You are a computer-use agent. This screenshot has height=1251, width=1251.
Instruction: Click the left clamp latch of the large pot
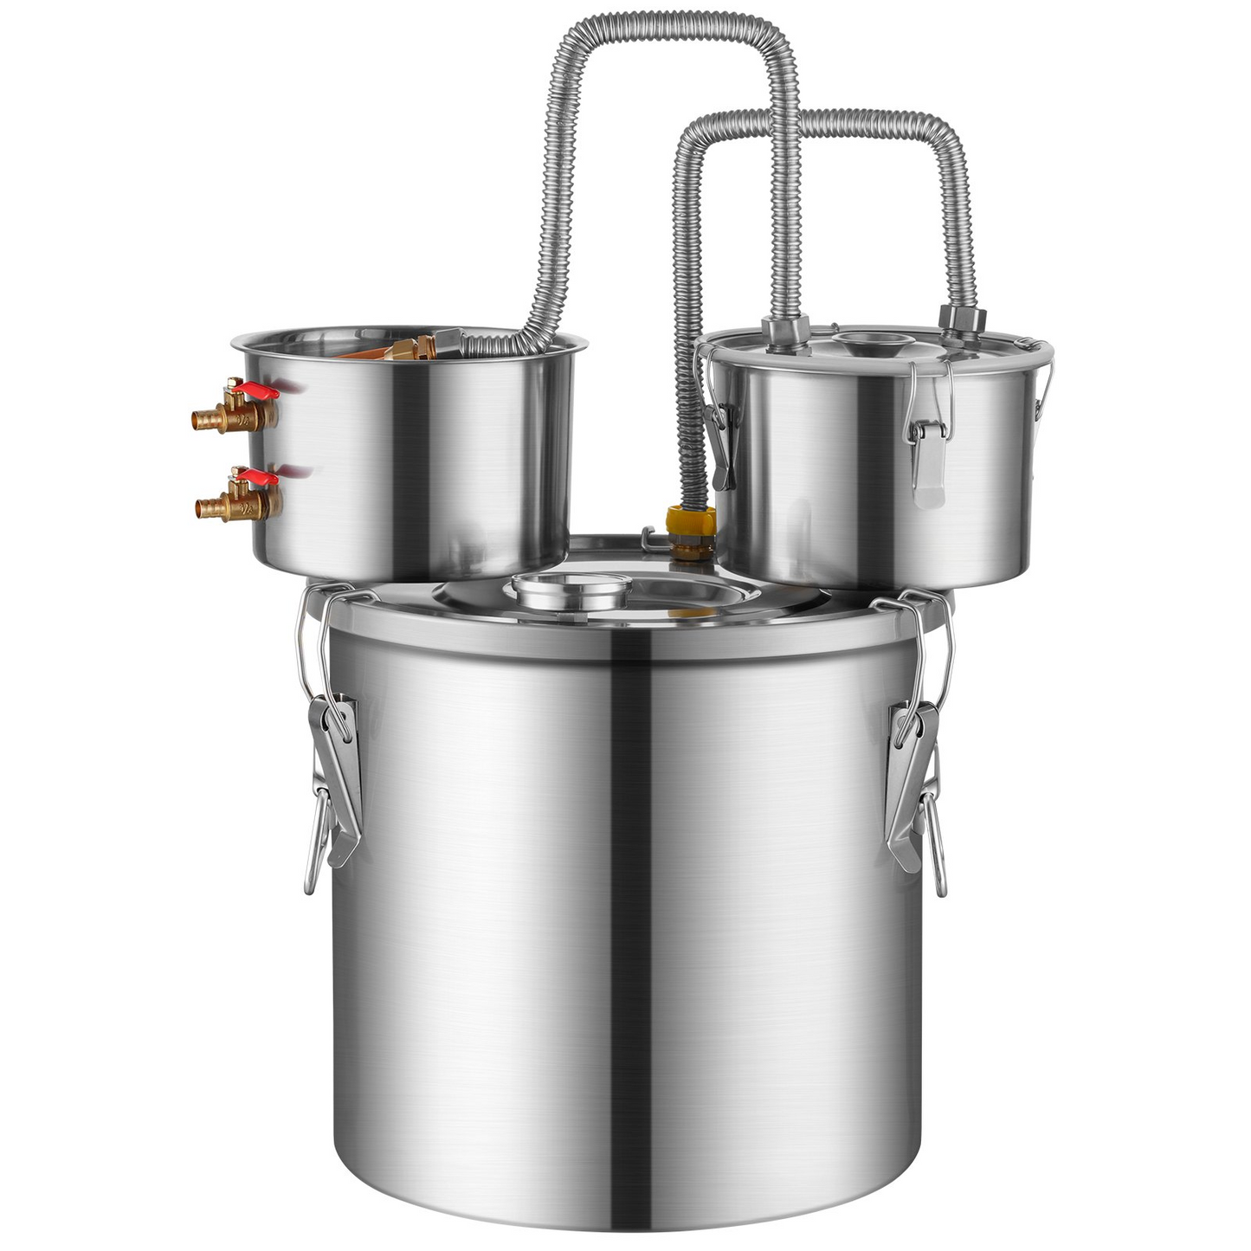coord(333,762)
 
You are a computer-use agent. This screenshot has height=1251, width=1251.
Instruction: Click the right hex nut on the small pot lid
coord(962,319)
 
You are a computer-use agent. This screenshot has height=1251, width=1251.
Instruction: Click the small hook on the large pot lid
coord(647,537)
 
